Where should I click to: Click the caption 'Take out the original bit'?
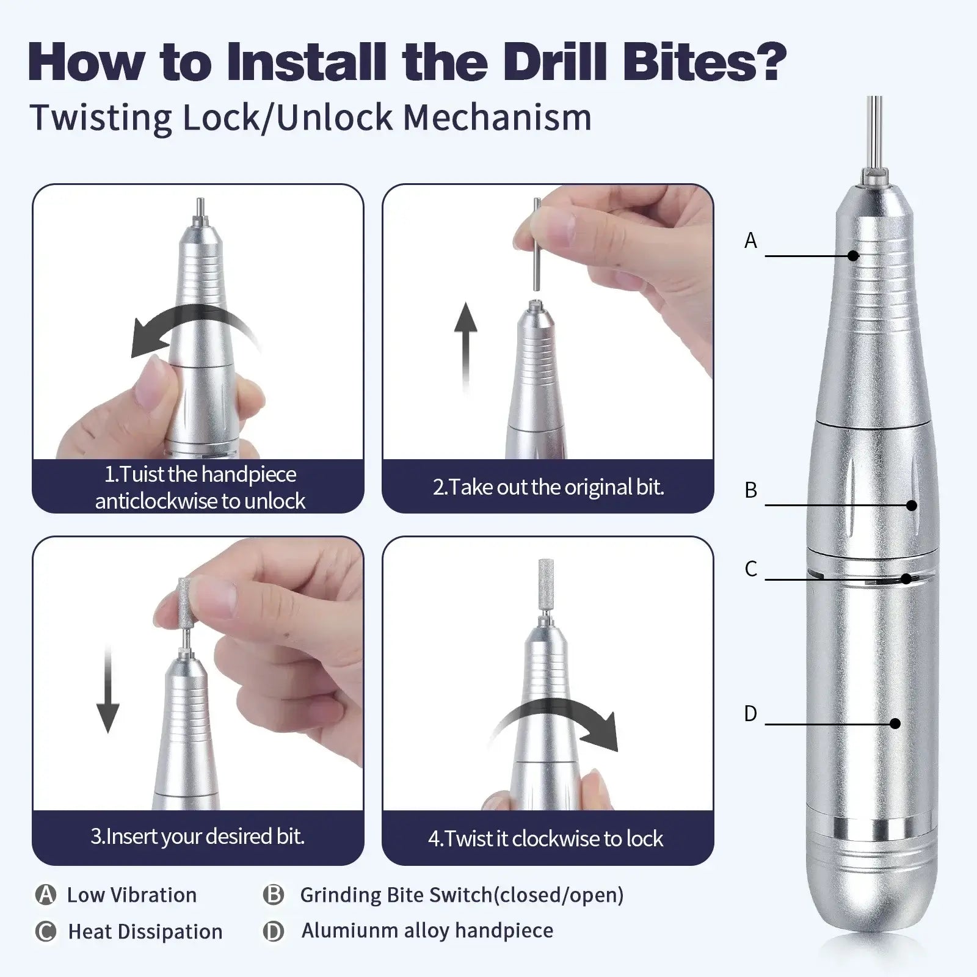point(548,487)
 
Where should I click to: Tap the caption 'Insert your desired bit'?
point(197,836)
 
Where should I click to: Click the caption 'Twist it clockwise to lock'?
point(545,838)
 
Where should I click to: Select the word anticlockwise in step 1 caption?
point(156,501)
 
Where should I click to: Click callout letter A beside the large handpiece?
point(750,241)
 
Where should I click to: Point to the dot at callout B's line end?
point(912,505)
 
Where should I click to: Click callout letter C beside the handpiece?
point(750,568)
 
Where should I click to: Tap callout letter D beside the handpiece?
point(750,713)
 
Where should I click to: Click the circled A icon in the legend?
point(46,895)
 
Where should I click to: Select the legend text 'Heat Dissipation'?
point(145,932)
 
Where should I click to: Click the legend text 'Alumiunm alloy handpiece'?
point(427,931)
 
